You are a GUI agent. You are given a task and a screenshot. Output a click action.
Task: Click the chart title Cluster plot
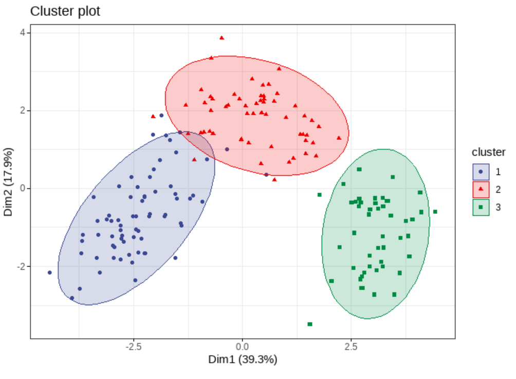pos(65,11)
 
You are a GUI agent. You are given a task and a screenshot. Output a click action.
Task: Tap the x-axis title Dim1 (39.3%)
pos(243,359)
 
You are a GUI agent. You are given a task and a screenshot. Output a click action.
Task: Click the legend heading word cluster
pos(488,152)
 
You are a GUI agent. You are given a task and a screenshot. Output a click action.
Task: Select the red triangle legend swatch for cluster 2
pos(481,189)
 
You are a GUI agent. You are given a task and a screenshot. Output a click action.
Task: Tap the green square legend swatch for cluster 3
pos(481,207)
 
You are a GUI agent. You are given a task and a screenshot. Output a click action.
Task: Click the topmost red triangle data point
pos(222,37)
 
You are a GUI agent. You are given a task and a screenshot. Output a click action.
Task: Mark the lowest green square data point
pos(310,324)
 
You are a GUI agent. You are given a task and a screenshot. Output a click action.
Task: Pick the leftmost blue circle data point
pos(50,273)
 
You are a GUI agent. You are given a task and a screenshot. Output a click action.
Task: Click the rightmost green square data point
pos(435,212)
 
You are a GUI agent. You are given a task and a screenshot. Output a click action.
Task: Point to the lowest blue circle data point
pos(72,298)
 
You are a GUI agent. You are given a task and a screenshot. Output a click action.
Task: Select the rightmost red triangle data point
pos(339,138)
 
